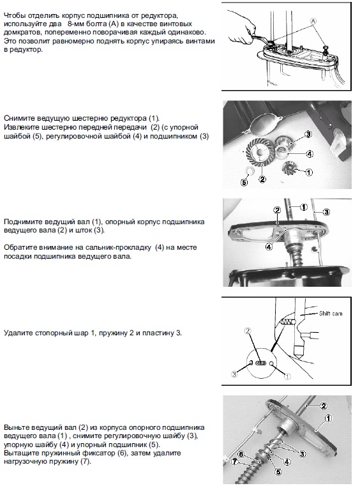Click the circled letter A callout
[x=313, y=21]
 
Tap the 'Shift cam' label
[x=331, y=314]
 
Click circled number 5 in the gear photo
[x=244, y=182]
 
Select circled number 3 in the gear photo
[x=308, y=134]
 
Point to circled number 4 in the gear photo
[x=310, y=154]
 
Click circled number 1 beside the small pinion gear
[x=309, y=172]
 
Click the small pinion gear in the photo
[x=289, y=167]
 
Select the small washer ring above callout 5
[x=250, y=171]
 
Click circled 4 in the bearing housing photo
[x=269, y=247]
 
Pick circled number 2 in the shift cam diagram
[x=248, y=331]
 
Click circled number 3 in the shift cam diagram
[x=234, y=374]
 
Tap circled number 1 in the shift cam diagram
[x=287, y=376]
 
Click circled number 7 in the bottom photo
[x=234, y=462]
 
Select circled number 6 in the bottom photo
[x=241, y=454]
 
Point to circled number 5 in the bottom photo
[x=278, y=472]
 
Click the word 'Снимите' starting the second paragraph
[x=19, y=118]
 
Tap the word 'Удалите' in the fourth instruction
[x=19, y=333]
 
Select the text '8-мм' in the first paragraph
[x=77, y=24]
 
